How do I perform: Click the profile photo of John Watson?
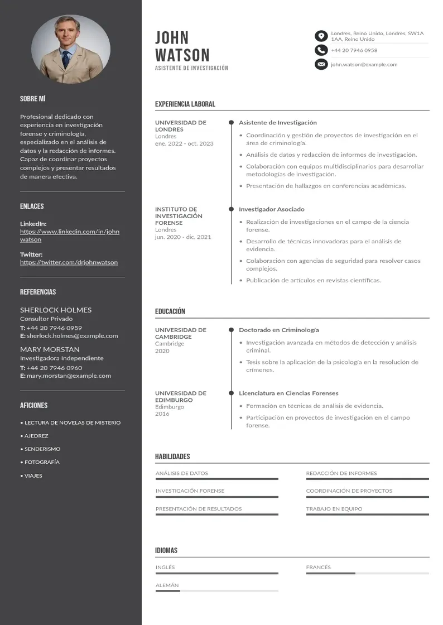[70, 49]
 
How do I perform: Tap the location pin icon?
[321, 36]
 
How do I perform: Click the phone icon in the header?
[321, 50]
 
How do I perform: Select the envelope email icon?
[321, 64]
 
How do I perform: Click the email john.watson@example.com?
[364, 65]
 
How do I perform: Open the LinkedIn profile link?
[70, 235]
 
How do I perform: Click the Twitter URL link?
[69, 262]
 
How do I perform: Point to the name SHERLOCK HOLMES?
[56, 310]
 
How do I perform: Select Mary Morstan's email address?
[69, 376]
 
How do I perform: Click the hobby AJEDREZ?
[36, 436]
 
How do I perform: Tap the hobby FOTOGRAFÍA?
[42, 462]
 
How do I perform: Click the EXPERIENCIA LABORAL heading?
[185, 104]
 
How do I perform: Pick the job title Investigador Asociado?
[272, 209]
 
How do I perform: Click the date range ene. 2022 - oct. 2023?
[184, 144]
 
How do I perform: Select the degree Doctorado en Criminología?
[279, 330]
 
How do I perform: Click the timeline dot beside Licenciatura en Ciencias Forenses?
[231, 393]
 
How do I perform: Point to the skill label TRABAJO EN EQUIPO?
[334, 509]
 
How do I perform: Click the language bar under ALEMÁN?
[216, 591]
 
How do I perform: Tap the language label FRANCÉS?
[319, 568]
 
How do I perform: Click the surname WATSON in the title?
[182, 55]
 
